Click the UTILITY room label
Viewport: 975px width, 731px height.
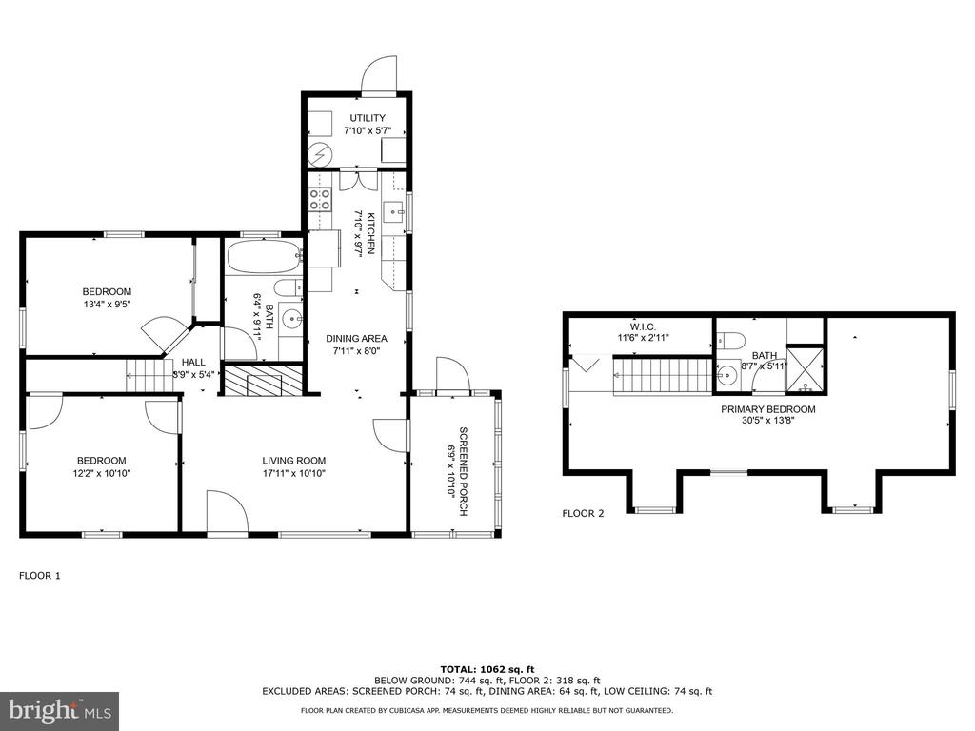coord(368,117)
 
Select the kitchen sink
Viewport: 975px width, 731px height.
coord(393,212)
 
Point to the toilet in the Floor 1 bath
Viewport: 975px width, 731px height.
coord(288,288)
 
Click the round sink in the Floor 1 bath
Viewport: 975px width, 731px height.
coord(291,319)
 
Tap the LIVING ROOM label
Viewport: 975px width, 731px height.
coord(293,461)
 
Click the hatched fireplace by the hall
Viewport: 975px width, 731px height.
coord(263,381)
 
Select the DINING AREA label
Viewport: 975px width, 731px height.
coord(356,338)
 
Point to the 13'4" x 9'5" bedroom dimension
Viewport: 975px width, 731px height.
coord(107,304)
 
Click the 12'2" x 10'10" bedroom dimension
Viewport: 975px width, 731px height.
coord(101,473)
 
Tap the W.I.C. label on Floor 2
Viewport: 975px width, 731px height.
coord(643,326)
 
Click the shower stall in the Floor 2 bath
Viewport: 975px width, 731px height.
coord(806,368)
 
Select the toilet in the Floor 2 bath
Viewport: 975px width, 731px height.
coord(731,341)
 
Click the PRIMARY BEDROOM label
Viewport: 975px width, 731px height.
coord(768,409)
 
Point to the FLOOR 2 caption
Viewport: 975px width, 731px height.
coord(583,513)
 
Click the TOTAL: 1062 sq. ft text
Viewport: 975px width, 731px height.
coord(487,669)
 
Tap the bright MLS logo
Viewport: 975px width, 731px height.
coord(60,710)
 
